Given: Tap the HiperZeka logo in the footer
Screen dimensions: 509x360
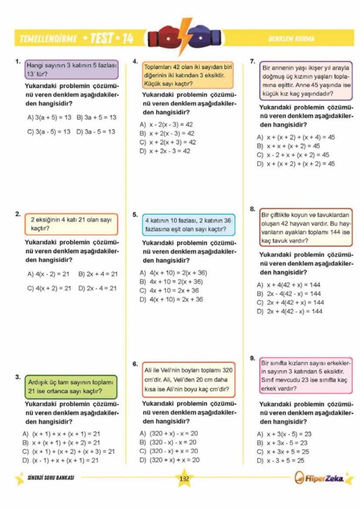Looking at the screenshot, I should coord(320,479).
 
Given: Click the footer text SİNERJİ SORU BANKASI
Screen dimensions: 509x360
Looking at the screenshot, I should coord(50,477).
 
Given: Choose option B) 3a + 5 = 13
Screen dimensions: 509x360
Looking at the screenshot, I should coord(96,117).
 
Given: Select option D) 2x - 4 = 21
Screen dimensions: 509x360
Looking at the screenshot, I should coord(97,288).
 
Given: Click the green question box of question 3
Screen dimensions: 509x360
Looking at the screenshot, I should coord(70,386).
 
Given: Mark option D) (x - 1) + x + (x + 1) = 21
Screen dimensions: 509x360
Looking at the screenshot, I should coord(61,460).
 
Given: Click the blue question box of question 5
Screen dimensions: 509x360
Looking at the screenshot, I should coord(188,224).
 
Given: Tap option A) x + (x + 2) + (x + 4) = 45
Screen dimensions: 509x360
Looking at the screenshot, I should coord(296,137).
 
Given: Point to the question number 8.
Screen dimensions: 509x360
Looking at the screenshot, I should coord(252,209).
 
